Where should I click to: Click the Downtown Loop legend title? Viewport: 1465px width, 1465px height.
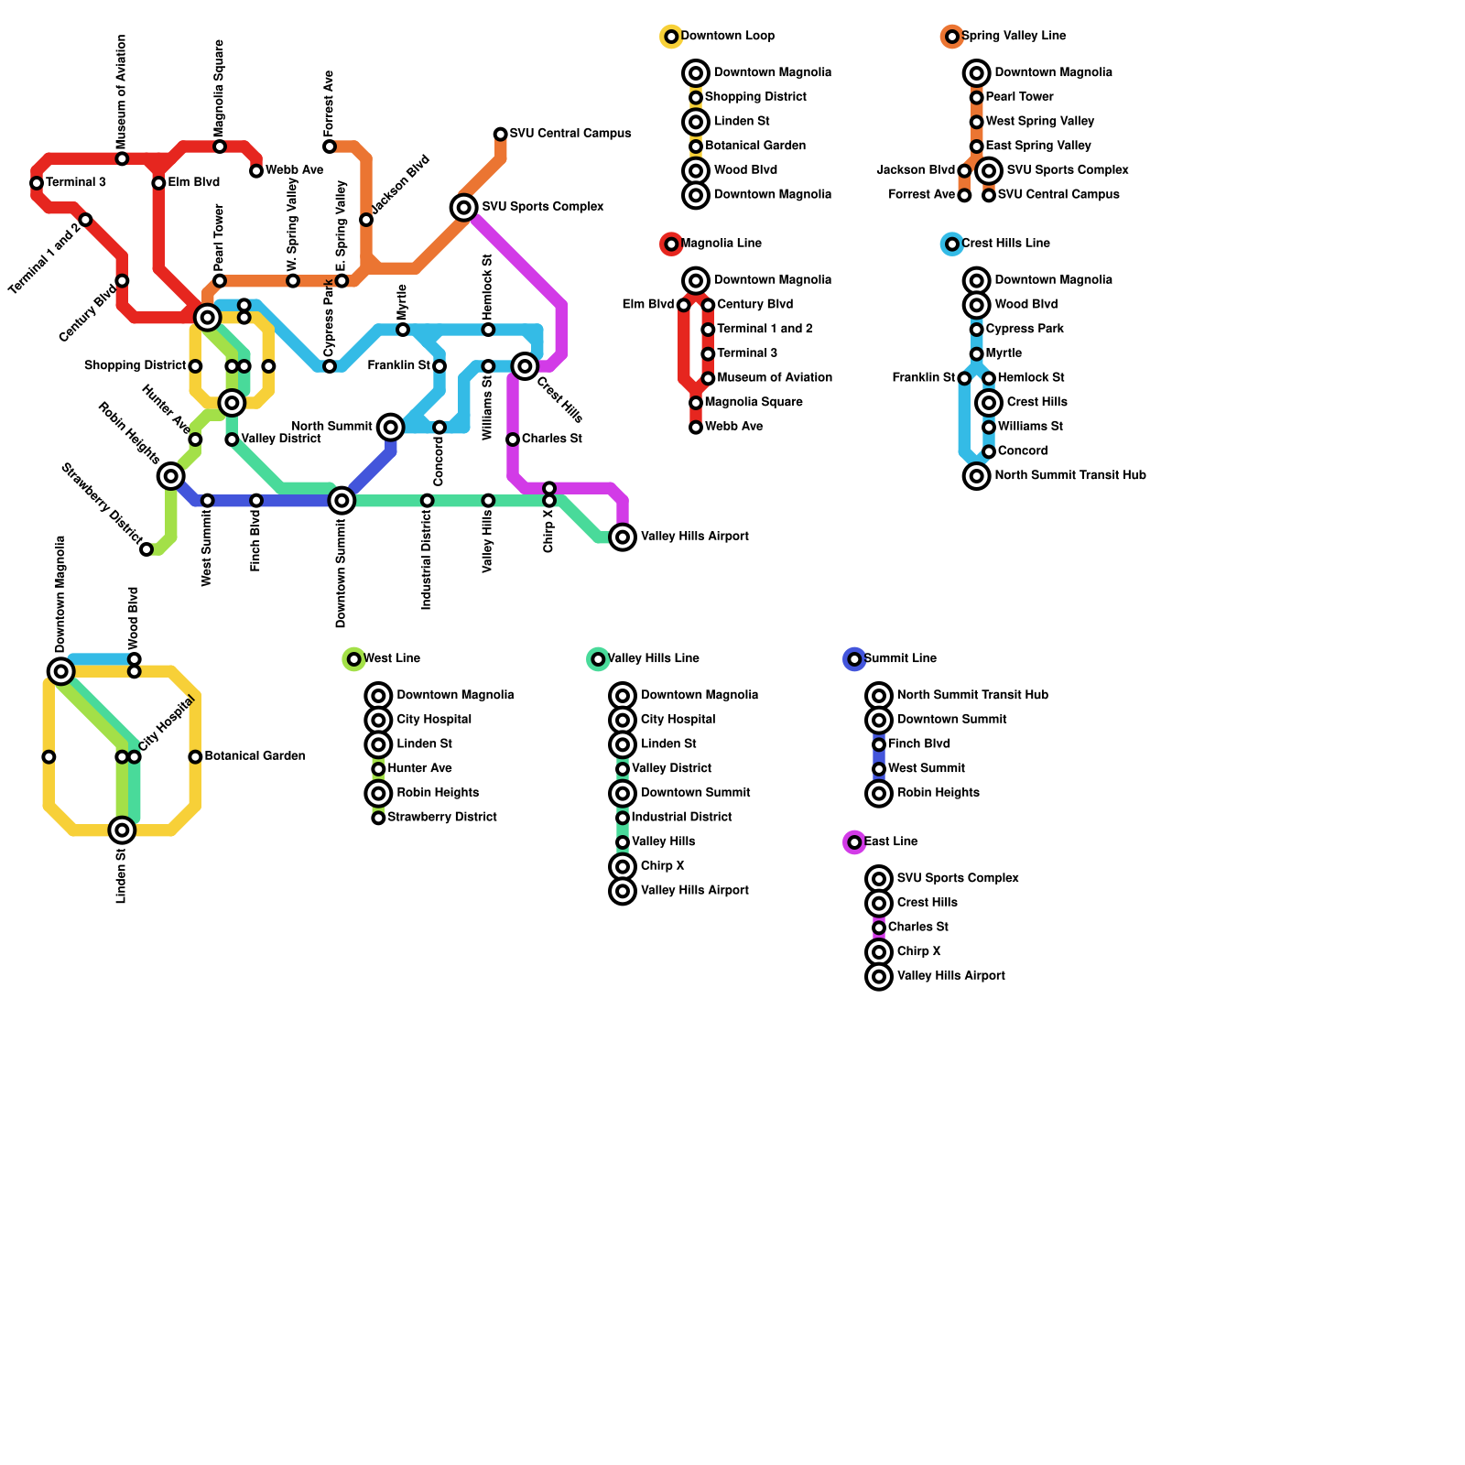coord(727,37)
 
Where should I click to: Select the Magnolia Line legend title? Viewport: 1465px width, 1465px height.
coord(722,244)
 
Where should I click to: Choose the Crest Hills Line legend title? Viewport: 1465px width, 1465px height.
coord(1004,244)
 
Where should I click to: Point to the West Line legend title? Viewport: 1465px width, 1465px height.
coord(391,658)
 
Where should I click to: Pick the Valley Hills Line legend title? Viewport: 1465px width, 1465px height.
coord(653,658)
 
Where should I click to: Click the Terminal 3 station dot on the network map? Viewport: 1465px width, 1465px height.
coord(37,183)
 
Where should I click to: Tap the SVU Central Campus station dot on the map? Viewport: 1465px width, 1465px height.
coord(500,135)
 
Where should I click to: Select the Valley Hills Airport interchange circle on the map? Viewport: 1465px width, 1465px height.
coord(623,537)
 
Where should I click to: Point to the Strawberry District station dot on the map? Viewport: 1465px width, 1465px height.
coord(146,549)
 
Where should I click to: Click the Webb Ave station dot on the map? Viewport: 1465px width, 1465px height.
coord(256,171)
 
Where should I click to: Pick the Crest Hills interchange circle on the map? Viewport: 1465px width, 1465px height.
coord(525,366)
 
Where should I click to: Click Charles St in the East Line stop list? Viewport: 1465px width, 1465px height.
coord(917,928)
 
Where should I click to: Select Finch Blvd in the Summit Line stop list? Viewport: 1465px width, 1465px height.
coord(918,744)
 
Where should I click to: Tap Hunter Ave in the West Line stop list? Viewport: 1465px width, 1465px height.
coord(419,769)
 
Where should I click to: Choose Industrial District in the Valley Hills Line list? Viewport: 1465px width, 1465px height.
coord(681,818)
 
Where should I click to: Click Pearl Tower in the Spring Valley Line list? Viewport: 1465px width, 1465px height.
coord(1019,97)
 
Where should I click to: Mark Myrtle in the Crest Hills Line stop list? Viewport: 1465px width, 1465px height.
coord(1004,353)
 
